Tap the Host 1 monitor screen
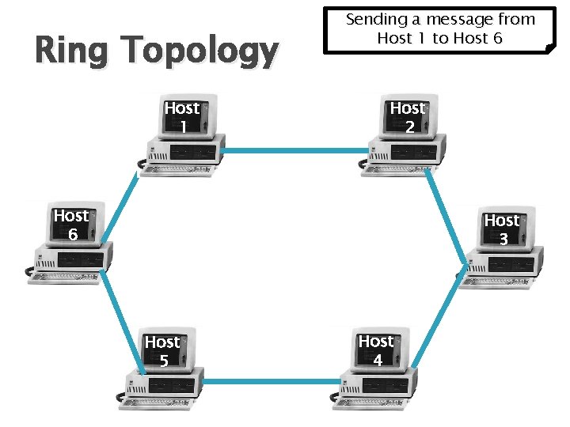[183, 116]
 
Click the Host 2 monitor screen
[408, 116]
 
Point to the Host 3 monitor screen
[502, 229]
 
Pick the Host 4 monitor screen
[377, 350]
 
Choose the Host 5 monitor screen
[162, 351]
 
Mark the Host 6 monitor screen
[70, 225]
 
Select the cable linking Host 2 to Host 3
[445, 209]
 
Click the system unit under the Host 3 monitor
[507, 265]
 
